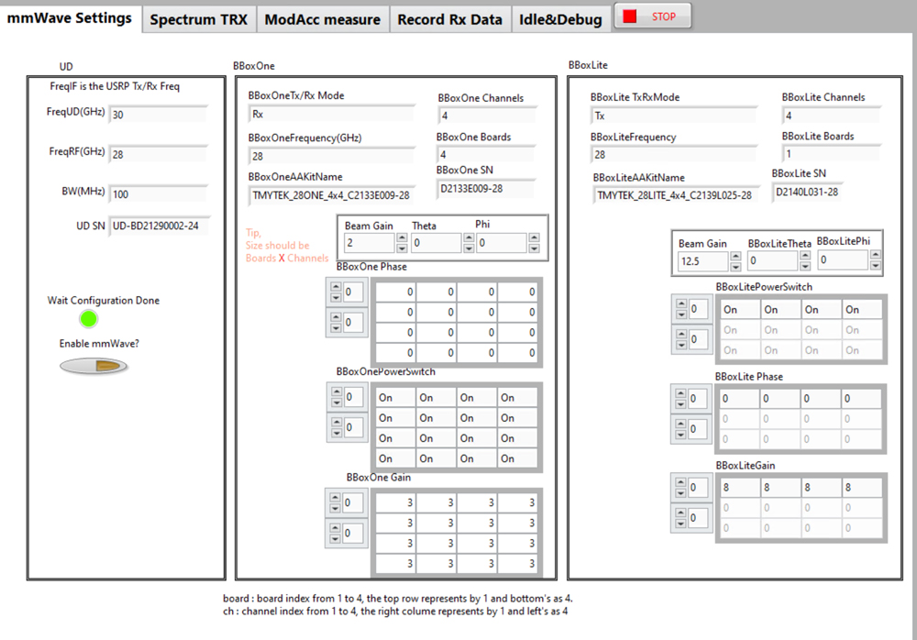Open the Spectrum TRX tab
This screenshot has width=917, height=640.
tap(198, 19)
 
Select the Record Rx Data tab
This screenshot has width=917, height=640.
tap(449, 19)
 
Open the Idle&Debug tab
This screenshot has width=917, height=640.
tap(560, 19)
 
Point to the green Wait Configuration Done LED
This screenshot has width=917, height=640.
tap(88, 319)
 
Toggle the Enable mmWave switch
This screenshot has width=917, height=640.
tap(94, 366)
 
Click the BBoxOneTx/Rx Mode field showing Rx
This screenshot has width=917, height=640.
tap(330, 115)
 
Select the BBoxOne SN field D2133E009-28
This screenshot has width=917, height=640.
tap(485, 189)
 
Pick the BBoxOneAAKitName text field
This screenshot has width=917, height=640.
tap(330, 195)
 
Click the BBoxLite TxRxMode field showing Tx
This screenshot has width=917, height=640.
tap(674, 116)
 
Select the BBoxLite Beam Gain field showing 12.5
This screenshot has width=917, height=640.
tap(702, 261)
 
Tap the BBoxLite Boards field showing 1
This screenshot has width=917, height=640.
tap(831, 155)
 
